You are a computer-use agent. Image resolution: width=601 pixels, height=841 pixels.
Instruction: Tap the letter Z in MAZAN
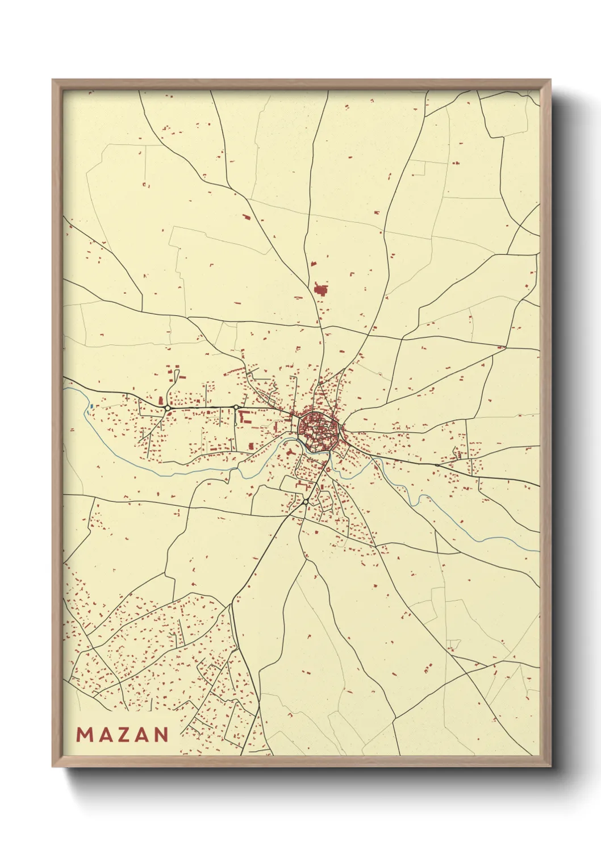(x=123, y=735)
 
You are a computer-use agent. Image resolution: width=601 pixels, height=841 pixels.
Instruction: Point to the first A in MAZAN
(x=104, y=735)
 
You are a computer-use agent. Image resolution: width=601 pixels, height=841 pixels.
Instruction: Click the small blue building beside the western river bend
(x=91, y=406)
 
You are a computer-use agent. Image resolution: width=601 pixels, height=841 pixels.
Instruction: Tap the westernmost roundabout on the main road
(x=168, y=408)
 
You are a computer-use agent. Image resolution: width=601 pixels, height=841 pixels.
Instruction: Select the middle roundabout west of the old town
(x=236, y=407)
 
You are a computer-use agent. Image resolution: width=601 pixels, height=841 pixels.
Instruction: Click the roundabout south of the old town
(x=305, y=502)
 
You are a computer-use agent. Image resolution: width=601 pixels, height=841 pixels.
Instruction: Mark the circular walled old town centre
(x=319, y=430)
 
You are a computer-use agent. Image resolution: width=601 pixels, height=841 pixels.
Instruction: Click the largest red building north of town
(x=321, y=290)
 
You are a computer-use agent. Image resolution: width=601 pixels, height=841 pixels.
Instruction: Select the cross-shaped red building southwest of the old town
(x=290, y=452)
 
